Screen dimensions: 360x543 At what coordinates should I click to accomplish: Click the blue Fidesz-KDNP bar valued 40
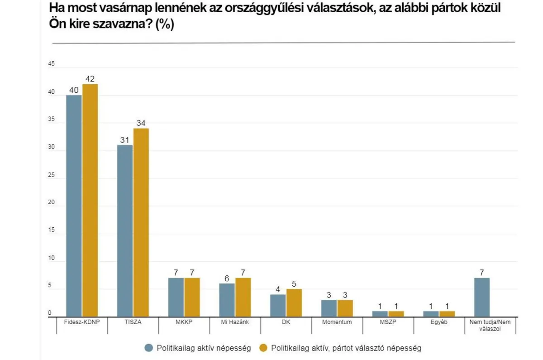click(x=74, y=206)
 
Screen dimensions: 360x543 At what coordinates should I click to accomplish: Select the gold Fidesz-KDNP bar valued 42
click(x=90, y=201)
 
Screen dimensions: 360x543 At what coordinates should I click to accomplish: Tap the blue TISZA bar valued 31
click(x=125, y=231)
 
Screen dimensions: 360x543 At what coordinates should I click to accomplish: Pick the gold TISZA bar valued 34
click(x=141, y=222)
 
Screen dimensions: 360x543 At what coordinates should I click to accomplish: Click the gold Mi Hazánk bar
click(x=243, y=297)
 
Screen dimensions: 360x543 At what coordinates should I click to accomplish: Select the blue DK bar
click(x=278, y=306)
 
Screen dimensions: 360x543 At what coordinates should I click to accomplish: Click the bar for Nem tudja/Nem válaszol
click(x=481, y=297)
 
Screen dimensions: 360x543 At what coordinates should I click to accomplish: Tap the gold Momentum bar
click(x=345, y=308)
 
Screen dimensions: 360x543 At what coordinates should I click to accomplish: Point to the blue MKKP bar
click(x=176, y=297)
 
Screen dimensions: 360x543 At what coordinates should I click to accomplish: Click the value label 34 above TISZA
click(x=141, y=123)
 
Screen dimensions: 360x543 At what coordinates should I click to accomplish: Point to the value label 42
click(x=90, y=79)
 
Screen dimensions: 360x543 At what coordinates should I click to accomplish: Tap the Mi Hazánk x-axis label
click(x=235, y=322)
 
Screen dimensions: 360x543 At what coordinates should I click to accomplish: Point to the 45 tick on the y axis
click(x=51, y=64)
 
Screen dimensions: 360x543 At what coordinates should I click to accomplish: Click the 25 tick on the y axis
click(x=51, y=175)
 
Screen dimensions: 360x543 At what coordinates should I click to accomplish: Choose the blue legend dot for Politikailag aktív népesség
click(x=148, y=348)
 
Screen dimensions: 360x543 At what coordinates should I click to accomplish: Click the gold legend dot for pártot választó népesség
click(x=264, y=348)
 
